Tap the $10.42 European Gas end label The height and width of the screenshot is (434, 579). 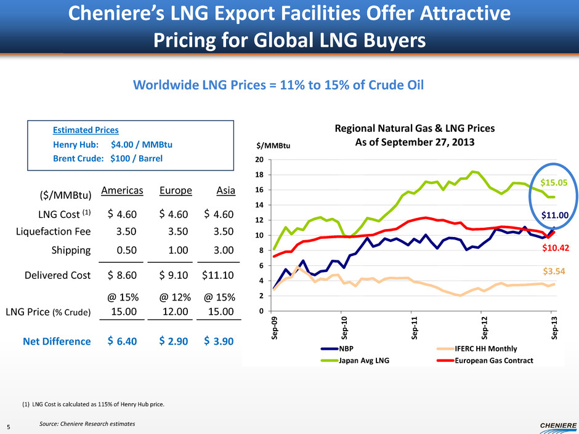pos(555,247)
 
